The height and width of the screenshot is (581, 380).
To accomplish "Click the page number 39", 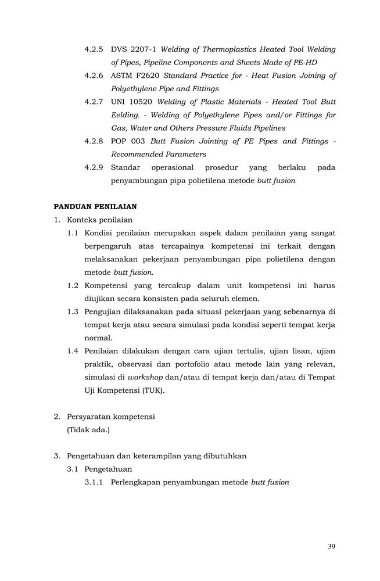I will coord(331,546).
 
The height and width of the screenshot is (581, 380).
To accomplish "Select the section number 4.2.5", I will coord(94,50).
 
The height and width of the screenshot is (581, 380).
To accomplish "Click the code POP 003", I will coord(128,141).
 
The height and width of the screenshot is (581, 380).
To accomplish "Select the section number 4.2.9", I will coord(94,167).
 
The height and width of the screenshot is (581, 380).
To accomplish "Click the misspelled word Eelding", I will coord(124,115).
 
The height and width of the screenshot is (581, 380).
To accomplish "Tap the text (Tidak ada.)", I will coord(88,429).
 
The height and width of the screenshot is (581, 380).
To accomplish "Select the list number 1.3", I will coord(73,311).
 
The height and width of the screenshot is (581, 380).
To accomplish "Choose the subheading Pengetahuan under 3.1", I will coord(108,469).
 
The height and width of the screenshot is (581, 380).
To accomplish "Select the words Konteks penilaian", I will coord(100,220).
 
